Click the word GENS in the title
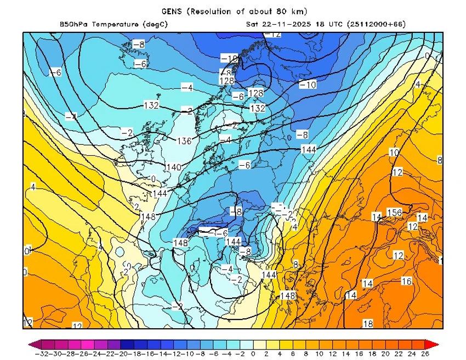[172, 11]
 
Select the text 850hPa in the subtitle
[75, 24]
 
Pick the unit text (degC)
[156, 24]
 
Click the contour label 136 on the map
[184, 141]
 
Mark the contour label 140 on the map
[173, 167]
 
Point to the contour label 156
[395, 212]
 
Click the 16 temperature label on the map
[406, 281]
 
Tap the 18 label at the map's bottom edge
[368, 324]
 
